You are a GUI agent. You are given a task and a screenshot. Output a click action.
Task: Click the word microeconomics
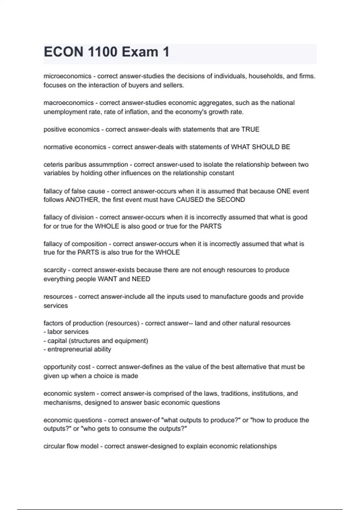tap(67, 76)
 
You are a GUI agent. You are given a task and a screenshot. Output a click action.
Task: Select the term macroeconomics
tap(69, 103)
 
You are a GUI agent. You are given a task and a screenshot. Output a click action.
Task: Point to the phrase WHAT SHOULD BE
tap(260, 147)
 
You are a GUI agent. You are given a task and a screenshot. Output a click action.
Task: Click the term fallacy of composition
tap(75, 244)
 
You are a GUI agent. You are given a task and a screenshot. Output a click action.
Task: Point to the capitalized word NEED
tap(141, 279)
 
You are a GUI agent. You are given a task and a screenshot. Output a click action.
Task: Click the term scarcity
tap(55, 270)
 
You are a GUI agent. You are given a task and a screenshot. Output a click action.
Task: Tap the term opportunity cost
tap(67, 367)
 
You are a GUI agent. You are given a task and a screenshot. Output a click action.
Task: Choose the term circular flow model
tap(71, 446)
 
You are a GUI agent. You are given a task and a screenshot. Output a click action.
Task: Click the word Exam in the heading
tap(140, 52)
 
